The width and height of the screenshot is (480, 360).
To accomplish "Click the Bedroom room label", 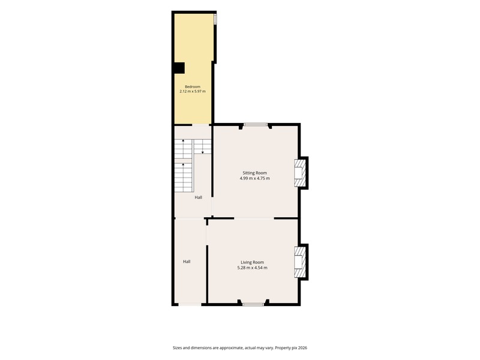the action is pos(193,86).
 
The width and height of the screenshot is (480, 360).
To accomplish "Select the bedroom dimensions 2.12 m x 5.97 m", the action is pos(193,91).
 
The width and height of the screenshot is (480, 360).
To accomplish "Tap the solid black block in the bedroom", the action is pos(179,68).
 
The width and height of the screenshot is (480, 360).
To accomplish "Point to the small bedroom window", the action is pos(215,19).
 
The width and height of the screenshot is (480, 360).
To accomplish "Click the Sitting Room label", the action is pos(254,173).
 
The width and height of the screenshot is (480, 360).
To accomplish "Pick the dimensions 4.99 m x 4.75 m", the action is pos(254,178).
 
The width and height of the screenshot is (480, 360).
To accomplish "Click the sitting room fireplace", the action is pos(301,173).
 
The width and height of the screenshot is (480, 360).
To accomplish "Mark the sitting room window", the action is pos(256,125).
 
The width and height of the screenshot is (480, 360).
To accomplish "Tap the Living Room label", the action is pos(252,262).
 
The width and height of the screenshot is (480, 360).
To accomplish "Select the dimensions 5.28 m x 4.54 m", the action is pos(252,268).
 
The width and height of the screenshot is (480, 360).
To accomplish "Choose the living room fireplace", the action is pos(301,262).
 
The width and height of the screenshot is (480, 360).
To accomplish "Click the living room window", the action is pos(253,304).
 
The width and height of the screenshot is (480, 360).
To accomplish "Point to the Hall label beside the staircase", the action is pos(199,197).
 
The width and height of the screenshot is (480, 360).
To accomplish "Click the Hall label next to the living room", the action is pos(187,262).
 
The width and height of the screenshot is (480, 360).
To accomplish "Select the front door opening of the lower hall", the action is pos(190,304).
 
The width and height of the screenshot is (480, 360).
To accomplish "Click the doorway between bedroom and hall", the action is pos(200,125).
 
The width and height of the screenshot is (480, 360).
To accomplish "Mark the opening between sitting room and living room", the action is pos(254,218).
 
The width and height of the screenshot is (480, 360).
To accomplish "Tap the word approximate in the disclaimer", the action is pos(232,348).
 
